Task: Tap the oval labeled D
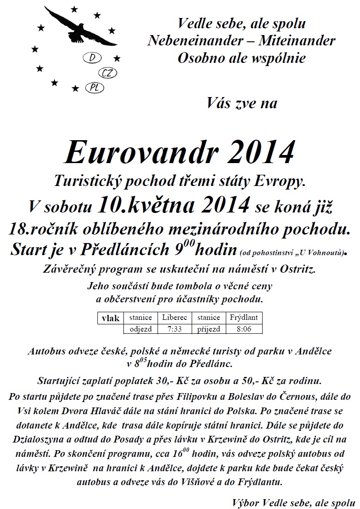point(92,58)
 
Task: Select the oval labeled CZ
point(106,73)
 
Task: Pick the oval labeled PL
point(94,88)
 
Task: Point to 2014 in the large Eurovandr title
point(257,153)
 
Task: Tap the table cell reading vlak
point(110,318)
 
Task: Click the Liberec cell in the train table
point(174,318)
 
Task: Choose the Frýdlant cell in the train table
point(244,318)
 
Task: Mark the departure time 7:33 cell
point(174,328)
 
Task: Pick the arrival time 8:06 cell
point(244,328)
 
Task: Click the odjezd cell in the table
point(140,328)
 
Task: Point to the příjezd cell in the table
point(208,328)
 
